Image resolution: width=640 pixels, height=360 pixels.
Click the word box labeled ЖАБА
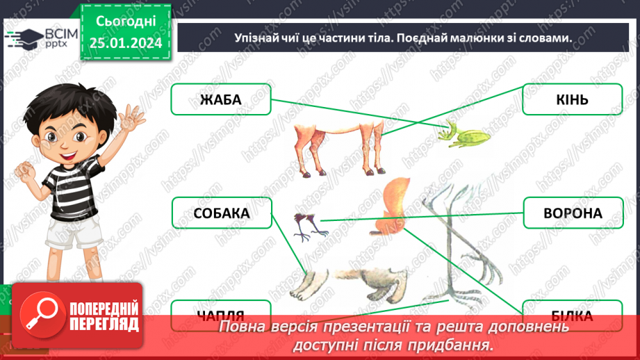tap(221, 99)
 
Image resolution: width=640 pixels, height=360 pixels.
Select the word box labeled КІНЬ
tap(572, 99)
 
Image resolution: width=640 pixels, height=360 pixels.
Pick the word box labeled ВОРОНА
tap(572, 213)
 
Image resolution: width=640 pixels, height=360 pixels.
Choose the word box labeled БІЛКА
tap(572, 316)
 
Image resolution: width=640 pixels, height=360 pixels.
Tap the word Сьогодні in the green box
tap(126, 22)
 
